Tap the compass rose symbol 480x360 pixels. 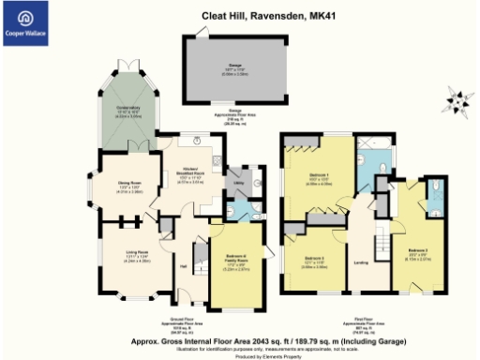tap(458, 97)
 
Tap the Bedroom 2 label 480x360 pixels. tap(418, 251)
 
